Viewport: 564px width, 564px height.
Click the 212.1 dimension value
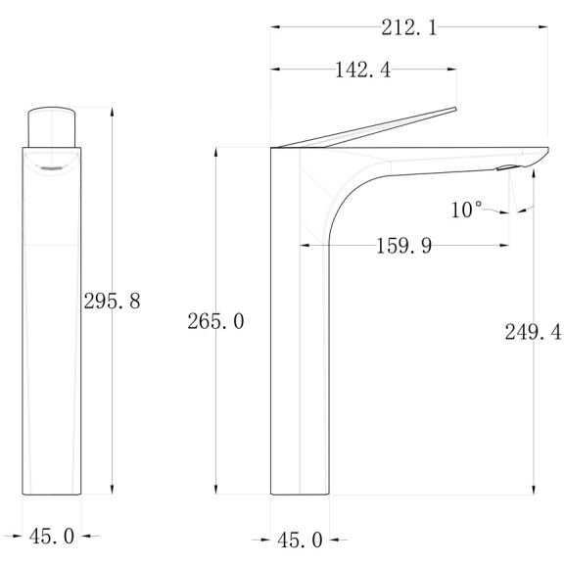(x=409, y=27)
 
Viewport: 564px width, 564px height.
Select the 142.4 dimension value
(x=362, y=70)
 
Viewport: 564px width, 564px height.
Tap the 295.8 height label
(x=112, y=301)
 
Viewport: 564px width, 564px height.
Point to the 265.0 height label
(x=215, y=321)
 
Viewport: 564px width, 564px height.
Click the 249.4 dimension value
(x=533, y=332)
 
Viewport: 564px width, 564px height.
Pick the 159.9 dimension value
(x=403, y=246)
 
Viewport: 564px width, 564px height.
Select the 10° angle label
(x=466, y=210)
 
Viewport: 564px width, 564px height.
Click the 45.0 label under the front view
(x=52, y=537)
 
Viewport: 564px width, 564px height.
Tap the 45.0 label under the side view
(x=300, y=540)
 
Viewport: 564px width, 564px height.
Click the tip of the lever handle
(x=455, y=109)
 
